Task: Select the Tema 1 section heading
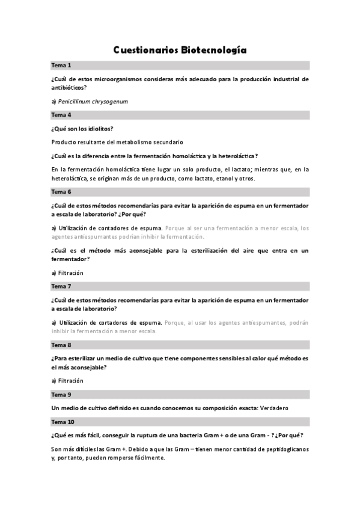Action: pyautogui.click(x=61, y=65)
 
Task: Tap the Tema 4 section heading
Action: pyautogui.click(x=61, y=114)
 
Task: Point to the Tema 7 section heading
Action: pyautogui.click(x=61, y=286)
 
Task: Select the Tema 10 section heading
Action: pyautogui.click(x=63, y=421)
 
